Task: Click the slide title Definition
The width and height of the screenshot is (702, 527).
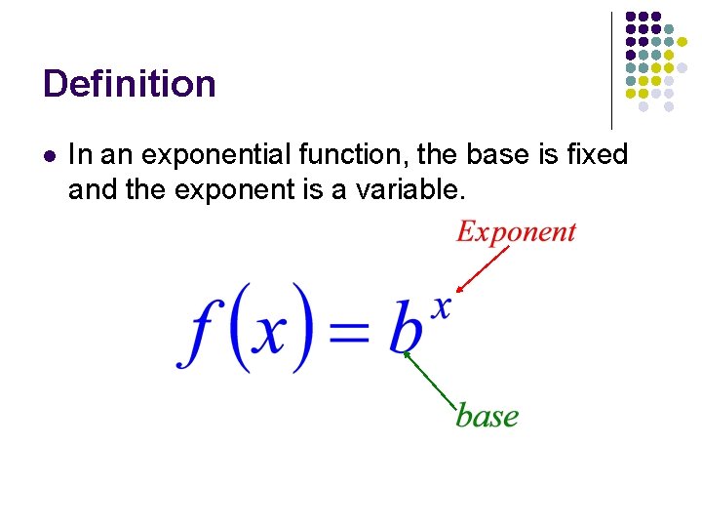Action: [x=129, y=84]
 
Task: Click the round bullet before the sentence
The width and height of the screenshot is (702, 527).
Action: [x=49, y=155]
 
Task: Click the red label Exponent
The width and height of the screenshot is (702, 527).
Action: [x=516, y=232]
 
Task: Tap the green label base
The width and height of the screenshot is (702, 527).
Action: [x=487, y=416]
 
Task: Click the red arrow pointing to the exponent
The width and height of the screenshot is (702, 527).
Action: [x=484, y=269]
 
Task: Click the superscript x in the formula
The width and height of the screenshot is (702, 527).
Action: [x=442, y=306]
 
